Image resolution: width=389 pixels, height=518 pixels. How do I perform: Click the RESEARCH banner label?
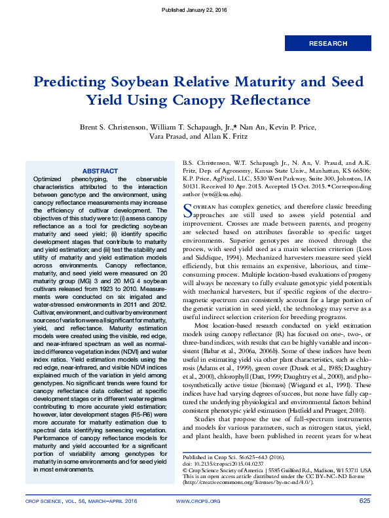(x=328, y=44)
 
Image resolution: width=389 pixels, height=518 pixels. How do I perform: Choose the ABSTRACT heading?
(x=100, y=171)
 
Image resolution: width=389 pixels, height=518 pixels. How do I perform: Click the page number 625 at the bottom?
(x=365, y=501)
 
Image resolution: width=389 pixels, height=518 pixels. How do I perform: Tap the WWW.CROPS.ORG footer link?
(x=198, y=501)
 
